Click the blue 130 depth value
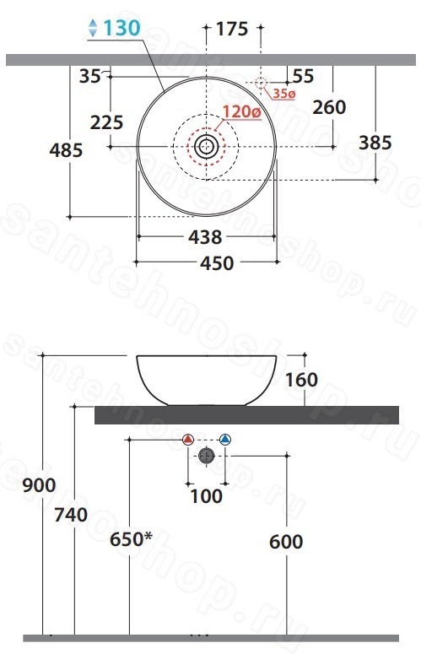pos(121,28)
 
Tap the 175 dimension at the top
pos(232,29)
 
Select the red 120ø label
pos(242,111)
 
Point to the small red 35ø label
pos(283,94)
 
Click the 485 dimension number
pos(67,150)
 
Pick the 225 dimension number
pos(106,122)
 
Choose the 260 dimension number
pos(329,107)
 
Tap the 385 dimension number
pos(375,143)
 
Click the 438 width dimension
pos(206,237)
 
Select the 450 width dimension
pos(217,263)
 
